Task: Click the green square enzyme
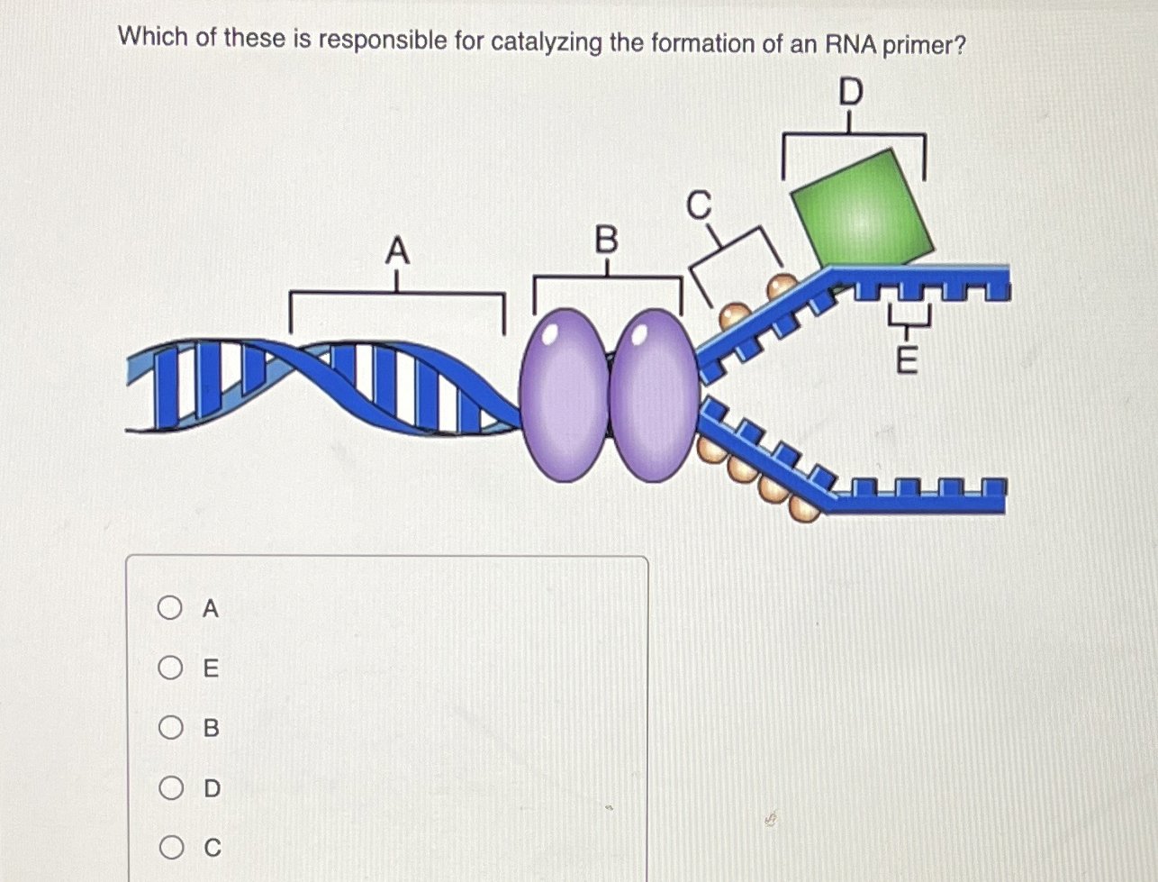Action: [x=862, y=209]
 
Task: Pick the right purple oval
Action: [x=655, y=395]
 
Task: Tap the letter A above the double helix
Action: [x=397, y=250]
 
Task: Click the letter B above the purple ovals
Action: [x=607, y=241]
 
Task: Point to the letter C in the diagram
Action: [x=699, y=205]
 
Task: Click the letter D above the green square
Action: [x=850, y=92]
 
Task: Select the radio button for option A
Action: [x=169, y=609]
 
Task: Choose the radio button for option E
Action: [x=169, y=668]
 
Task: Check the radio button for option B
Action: [x=169, y=728]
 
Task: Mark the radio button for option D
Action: [x=169, y=788]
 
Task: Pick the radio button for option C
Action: [x=169, y=848]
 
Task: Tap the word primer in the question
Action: [x=923, y=45]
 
